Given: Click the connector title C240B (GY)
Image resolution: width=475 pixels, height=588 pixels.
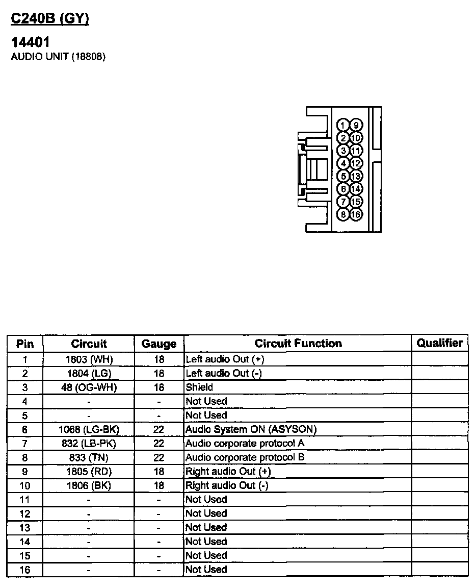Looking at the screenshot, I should [50, 19].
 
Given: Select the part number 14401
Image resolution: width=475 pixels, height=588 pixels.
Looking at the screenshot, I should [31, 42].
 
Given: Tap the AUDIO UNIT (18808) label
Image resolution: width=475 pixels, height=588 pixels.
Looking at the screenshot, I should [58, 57].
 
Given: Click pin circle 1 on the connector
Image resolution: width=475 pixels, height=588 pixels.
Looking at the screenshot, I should [344, 126].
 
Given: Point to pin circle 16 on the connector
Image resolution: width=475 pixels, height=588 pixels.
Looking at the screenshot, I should [356, 214].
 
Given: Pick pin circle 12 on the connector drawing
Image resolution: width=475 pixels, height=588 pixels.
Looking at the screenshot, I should [356, 163].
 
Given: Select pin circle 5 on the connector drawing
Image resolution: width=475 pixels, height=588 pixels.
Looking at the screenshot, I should [344, 176].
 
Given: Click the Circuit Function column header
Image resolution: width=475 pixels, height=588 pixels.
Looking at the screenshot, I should [298, 344].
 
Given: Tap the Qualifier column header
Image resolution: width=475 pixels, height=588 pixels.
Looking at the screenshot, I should [439, 343].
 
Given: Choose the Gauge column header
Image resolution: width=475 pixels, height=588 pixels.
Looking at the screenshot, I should [159, 344].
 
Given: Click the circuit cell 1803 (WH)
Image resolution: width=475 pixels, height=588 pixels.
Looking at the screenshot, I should [89, 359].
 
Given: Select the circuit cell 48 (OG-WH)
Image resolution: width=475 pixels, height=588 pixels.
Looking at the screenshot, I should [89, 387].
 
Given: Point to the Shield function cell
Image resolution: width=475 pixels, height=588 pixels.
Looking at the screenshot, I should [199, 387].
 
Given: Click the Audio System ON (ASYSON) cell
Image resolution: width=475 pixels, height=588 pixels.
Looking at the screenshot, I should [251, 429].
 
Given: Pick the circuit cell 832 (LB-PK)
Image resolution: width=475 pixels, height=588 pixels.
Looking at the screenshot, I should [89, 444].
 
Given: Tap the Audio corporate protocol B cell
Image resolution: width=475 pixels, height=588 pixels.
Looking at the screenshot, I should [245, 457].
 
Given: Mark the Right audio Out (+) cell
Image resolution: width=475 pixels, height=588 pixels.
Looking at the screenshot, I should [228, 471].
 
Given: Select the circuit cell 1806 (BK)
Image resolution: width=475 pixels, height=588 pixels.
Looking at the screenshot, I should [89, 485].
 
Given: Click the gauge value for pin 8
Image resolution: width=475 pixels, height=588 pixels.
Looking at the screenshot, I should [159, 457].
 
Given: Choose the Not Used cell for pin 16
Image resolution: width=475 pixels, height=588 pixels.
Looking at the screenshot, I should [206, 569].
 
